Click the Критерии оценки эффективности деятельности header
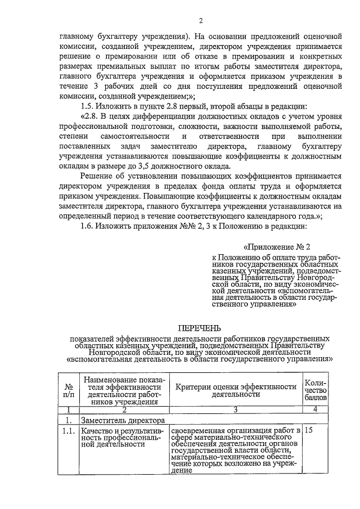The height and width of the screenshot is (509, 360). (236, 390)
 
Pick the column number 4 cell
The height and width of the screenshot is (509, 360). (315, 409)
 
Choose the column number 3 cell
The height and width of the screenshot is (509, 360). (236, 409)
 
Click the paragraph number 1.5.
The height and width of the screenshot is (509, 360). (89, 106)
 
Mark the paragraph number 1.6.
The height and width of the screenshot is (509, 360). (89, 226)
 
